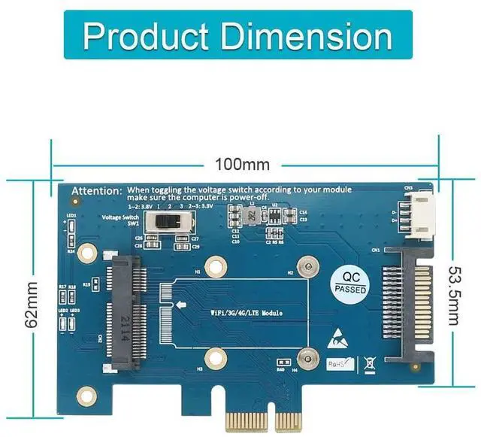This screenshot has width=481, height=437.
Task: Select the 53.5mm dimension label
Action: point(453,293)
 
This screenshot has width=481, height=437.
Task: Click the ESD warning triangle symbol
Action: point(338,340)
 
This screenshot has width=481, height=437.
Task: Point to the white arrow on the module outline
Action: point(181,305)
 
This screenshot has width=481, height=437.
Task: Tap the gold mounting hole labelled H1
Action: point(216,265)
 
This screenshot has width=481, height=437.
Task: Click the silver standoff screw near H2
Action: point(304,265)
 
